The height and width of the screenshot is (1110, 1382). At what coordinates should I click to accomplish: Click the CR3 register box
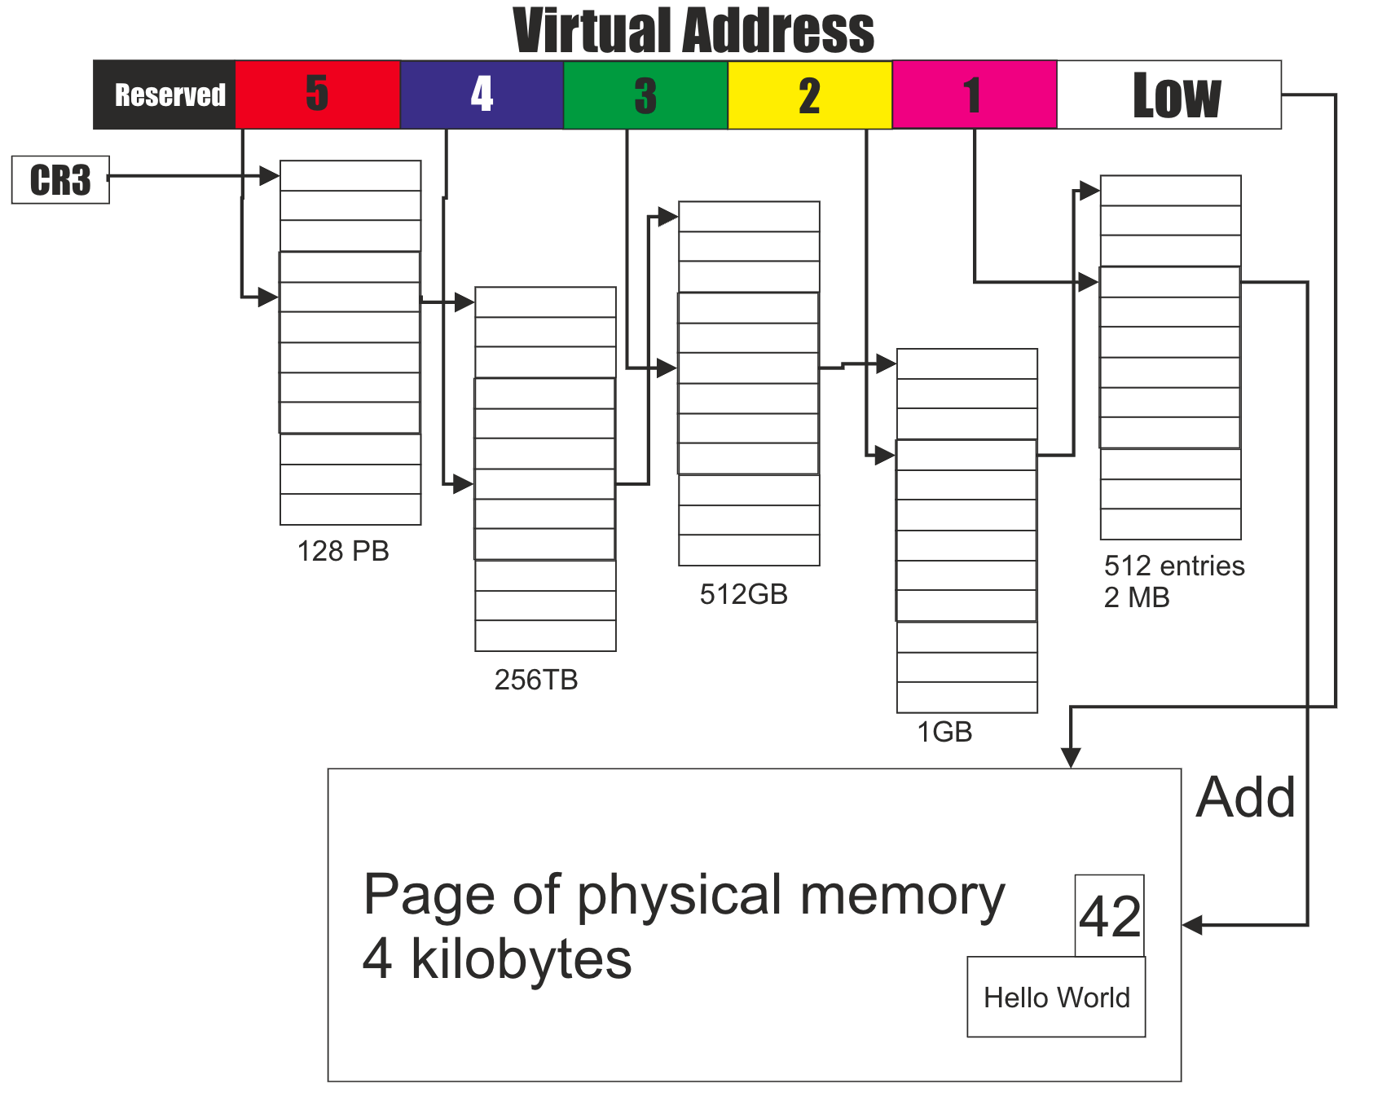tap(60, 179)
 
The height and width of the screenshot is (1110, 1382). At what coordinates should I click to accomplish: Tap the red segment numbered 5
tap(318, 95)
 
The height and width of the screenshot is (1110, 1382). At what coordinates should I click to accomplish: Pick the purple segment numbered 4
tap(482, 95)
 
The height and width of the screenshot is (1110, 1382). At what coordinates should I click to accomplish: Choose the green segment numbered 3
tap(645, 95)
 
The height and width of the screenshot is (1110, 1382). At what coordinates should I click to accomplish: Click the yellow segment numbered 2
tap(809, 95)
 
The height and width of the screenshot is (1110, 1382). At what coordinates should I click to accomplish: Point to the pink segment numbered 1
tap(974, 95)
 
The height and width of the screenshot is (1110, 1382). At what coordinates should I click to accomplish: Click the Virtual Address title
tap(693, 31)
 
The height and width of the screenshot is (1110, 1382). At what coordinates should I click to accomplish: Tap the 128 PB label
tap(343, 552)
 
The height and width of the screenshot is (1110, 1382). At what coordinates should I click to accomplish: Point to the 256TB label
tap(536, 680)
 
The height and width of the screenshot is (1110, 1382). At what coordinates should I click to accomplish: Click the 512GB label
tap(743, 594)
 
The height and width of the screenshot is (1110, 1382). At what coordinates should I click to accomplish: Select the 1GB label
tap(944, 732)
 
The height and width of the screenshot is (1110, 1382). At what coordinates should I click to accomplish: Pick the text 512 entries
tap(1174, 566)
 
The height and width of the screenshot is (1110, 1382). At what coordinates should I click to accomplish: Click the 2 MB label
tap(1137, 597)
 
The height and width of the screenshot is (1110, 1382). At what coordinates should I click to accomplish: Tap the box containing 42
tap(1109, 916)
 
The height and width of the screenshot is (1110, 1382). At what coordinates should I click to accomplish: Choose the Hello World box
tap(1056, 997)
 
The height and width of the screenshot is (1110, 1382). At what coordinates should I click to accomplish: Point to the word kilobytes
tap(522, 959)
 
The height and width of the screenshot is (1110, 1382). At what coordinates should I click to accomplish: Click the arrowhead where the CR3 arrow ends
tap(270, 176)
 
